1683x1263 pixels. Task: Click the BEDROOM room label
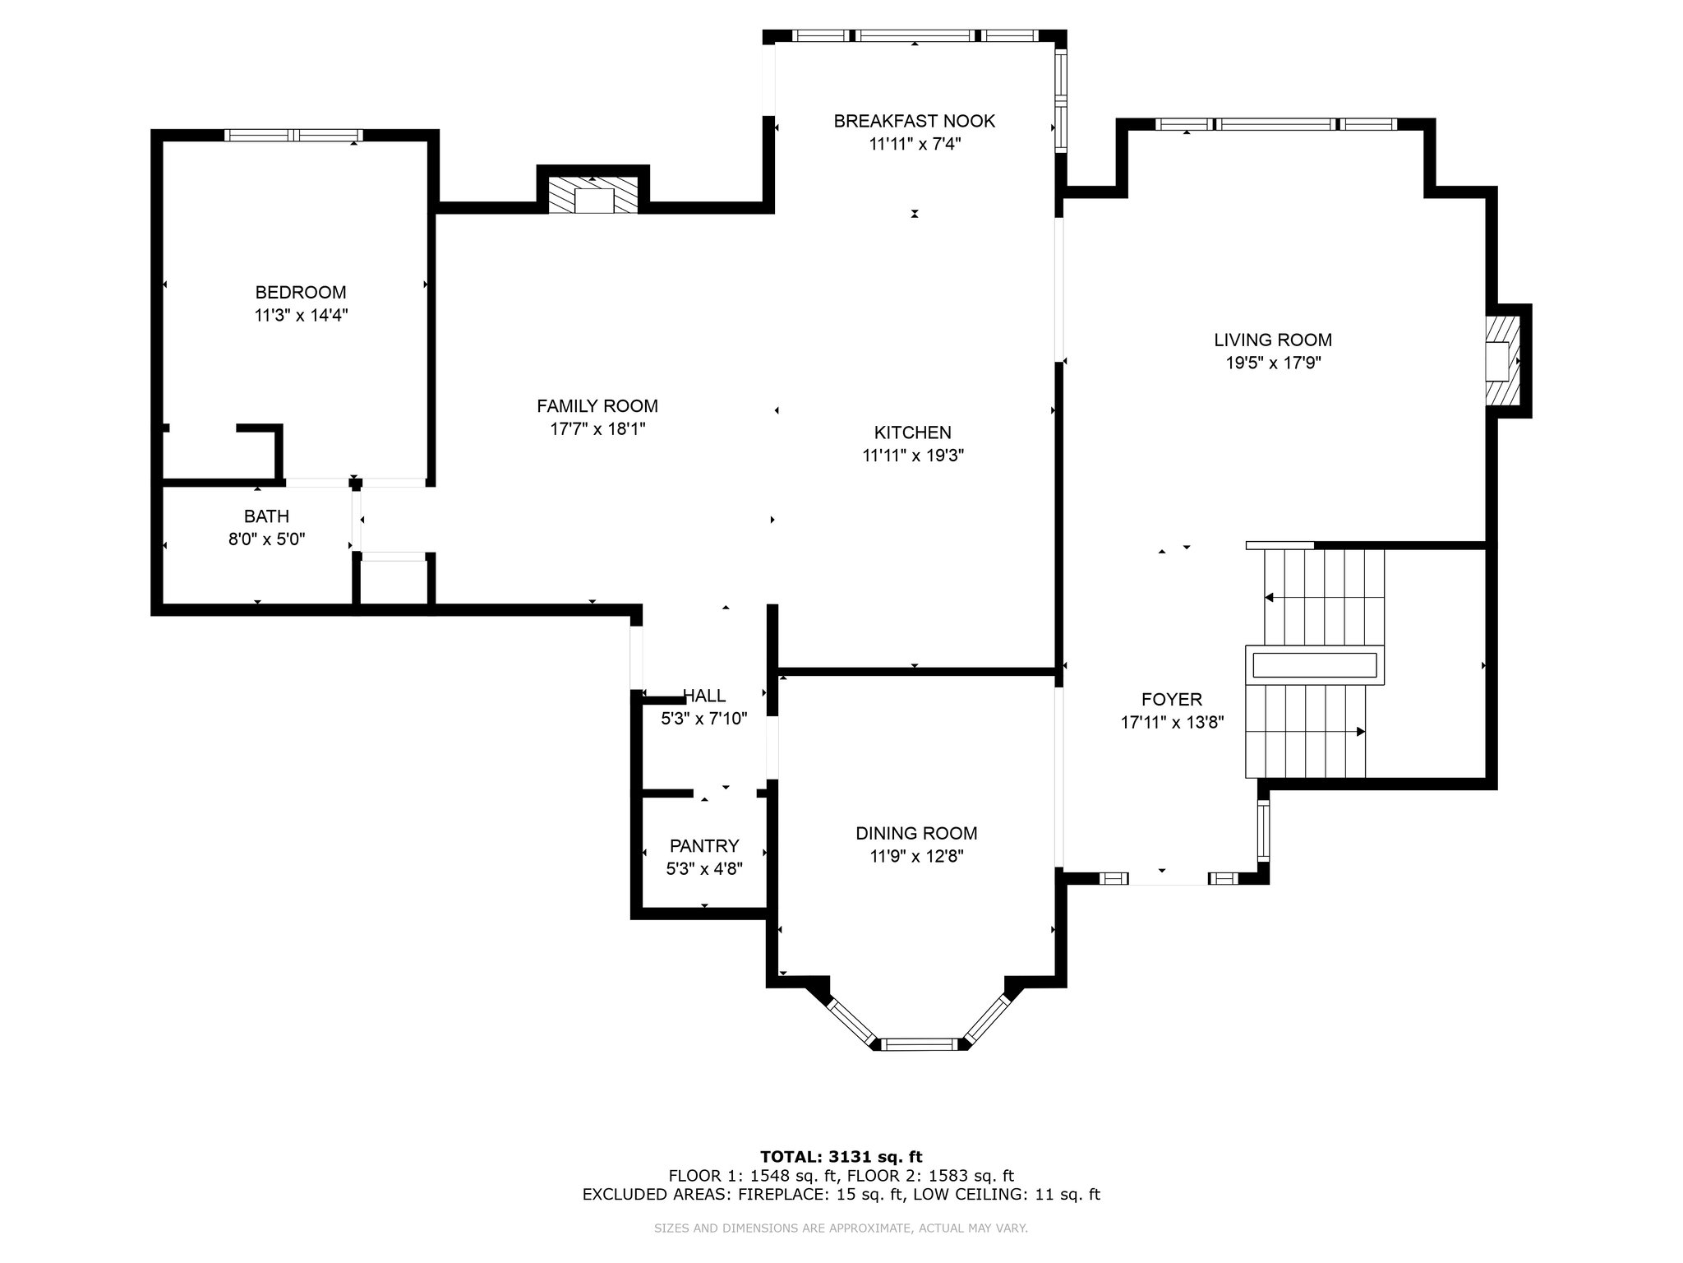(x=301, y=292)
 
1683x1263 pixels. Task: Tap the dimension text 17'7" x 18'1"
(x=597, y=428)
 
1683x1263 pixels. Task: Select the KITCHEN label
(x=912, y=433)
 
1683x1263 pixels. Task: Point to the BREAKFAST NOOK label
(x=915, y=121)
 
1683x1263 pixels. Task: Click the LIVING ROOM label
(x=1273, y=340)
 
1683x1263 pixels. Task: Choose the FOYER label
(x=1172, y=699)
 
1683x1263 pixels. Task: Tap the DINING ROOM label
(x=916, y=833)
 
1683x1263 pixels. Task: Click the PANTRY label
(x=704, y=845)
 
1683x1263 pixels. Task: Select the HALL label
(x=704, y=696)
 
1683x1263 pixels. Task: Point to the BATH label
(x=266, y=516)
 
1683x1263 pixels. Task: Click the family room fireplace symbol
(x=593, y=195)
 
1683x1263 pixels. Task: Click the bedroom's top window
(x=293, y=136)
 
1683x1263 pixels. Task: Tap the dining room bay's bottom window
(x=920, y=1044)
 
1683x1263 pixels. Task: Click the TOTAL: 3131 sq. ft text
(x=841, y=1157)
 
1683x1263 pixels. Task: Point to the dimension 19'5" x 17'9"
(x=1273, y=363)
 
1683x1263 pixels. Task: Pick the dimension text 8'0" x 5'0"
(x=266, y=539)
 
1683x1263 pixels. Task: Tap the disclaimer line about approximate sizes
(x=841, y=1228)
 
